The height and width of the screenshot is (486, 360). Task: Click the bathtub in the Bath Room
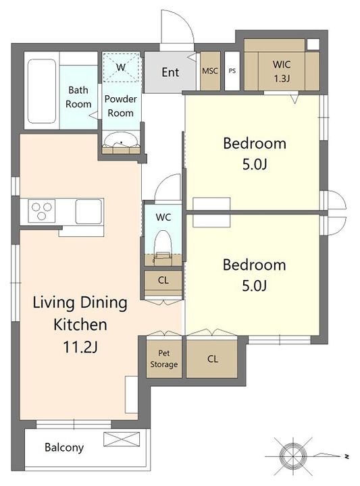click(42, 91)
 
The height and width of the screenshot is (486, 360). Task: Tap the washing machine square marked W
click(121, 67)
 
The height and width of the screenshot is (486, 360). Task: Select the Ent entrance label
click(170, 72)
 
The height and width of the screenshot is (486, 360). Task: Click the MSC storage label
click(210, 71)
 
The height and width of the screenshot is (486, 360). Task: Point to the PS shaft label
click(232, 71)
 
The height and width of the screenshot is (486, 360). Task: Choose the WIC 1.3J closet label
click(282, 72)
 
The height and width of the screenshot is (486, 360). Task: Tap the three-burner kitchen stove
click(42, 211)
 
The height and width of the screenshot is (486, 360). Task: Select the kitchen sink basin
click(88, 211)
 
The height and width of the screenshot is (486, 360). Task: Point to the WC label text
click(163, 217)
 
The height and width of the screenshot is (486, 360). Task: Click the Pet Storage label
click(163, 358)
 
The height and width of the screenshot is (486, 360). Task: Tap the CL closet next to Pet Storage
click(212, 359)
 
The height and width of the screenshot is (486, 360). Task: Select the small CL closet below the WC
click(163, 281)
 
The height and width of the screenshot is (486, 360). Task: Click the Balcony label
click(64, 448)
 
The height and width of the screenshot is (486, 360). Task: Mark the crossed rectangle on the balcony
click(122, 439)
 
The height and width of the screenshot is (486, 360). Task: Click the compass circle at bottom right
click(292, 456)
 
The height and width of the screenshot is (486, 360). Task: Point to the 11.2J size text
click(80, 347)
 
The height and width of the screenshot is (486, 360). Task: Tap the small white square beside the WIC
click(313, 45)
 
